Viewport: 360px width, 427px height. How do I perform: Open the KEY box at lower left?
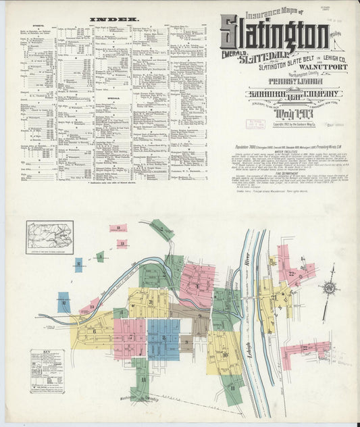[47, 371]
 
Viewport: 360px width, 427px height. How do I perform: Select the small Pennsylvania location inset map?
[49, 237]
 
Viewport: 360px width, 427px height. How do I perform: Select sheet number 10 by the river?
[225, 354]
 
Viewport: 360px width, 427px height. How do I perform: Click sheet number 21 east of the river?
[274, 297]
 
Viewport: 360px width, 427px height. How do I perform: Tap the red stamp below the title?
[240, 123]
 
